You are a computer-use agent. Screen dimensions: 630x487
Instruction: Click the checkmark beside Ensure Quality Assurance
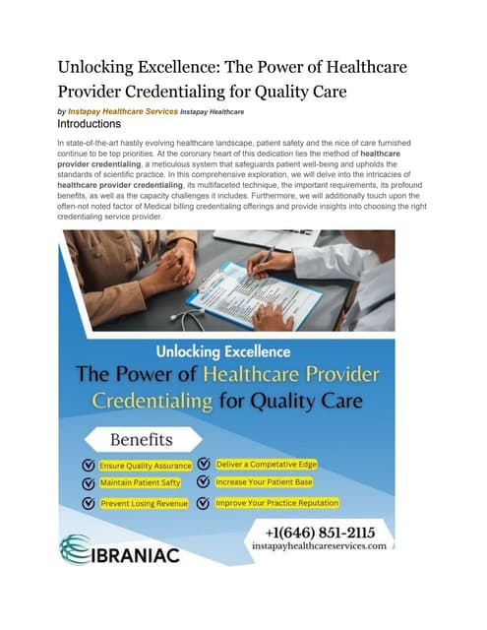coord(89,465)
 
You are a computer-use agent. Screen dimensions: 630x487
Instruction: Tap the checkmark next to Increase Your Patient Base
coord(202,482)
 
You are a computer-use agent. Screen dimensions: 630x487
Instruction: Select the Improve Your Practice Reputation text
coord(278,502)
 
